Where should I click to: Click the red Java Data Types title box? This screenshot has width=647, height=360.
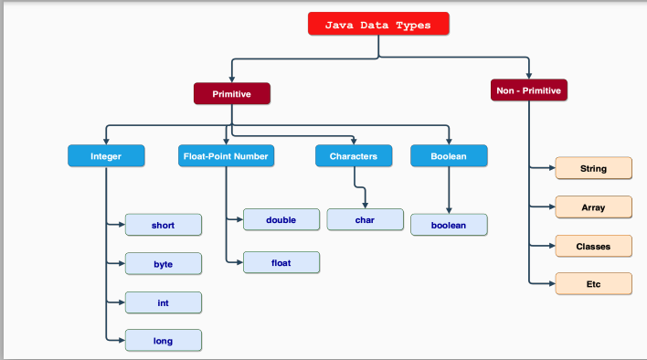pos(378,25)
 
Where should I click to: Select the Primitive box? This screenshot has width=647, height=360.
pos(232,93)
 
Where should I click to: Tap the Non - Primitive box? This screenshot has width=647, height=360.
pos(529,90)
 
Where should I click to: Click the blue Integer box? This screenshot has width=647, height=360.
pos(106,156)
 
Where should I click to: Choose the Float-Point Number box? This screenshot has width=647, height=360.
pos(225,156)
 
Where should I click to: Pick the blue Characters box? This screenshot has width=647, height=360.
pos(354,156)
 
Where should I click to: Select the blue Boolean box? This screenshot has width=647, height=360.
pos(449,156)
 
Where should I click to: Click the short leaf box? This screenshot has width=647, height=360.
pos(163,225)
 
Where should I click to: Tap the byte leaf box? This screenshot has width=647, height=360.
pos(163,264)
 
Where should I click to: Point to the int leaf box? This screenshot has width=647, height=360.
pos(163,302)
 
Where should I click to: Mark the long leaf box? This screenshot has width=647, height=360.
pos(163,341)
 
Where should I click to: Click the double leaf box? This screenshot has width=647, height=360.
pos(281,220)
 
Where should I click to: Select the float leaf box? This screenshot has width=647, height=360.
pos(281,263)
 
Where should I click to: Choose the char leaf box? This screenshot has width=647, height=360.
pos(365,220)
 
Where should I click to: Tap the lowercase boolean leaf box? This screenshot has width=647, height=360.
pos(449,224)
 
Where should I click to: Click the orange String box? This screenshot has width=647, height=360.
pos(593,169)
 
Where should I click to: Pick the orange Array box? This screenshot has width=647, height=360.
pos(593,207)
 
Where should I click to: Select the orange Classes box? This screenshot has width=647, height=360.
pos(593,247)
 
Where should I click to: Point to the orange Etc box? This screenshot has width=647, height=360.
pos(593,284)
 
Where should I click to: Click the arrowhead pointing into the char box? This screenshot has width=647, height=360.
pos(366,205)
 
